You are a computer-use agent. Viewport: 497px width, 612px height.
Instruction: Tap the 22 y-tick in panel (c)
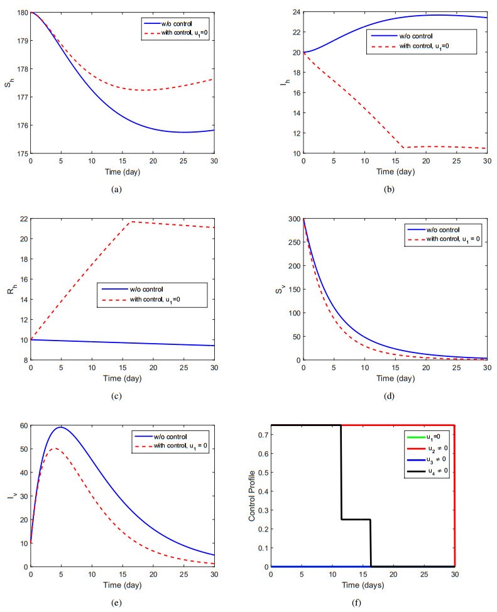[23, 219]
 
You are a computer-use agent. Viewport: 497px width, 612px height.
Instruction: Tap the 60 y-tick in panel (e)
[23, 425]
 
